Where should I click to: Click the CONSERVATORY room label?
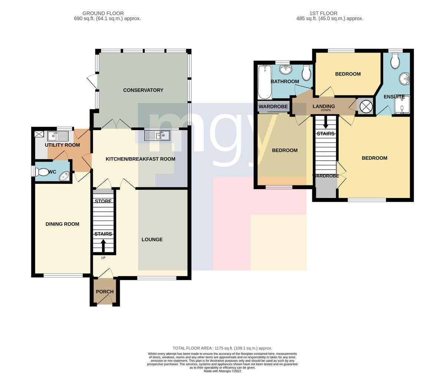(143, 90)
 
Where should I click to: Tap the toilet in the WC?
(42, 172)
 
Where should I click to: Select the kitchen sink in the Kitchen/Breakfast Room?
(157, 135)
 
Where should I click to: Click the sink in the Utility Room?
(58, 136)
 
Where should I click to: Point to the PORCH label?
(105, 292)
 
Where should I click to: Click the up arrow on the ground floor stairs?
(103, 246)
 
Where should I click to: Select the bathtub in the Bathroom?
(265, 82)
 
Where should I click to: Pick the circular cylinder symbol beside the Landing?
(366, 106)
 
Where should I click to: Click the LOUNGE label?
(152, 239)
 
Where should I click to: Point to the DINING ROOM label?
(62, 224)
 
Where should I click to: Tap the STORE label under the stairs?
(103, 201)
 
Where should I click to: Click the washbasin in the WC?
(65, 177)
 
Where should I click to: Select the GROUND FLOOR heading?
(103, 13)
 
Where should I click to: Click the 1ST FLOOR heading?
(323, 13)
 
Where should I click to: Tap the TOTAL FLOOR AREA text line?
(222, 348)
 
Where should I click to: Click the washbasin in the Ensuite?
(404, 79)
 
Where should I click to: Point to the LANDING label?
(323, 106)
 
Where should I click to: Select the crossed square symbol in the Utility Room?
(39, 134)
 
